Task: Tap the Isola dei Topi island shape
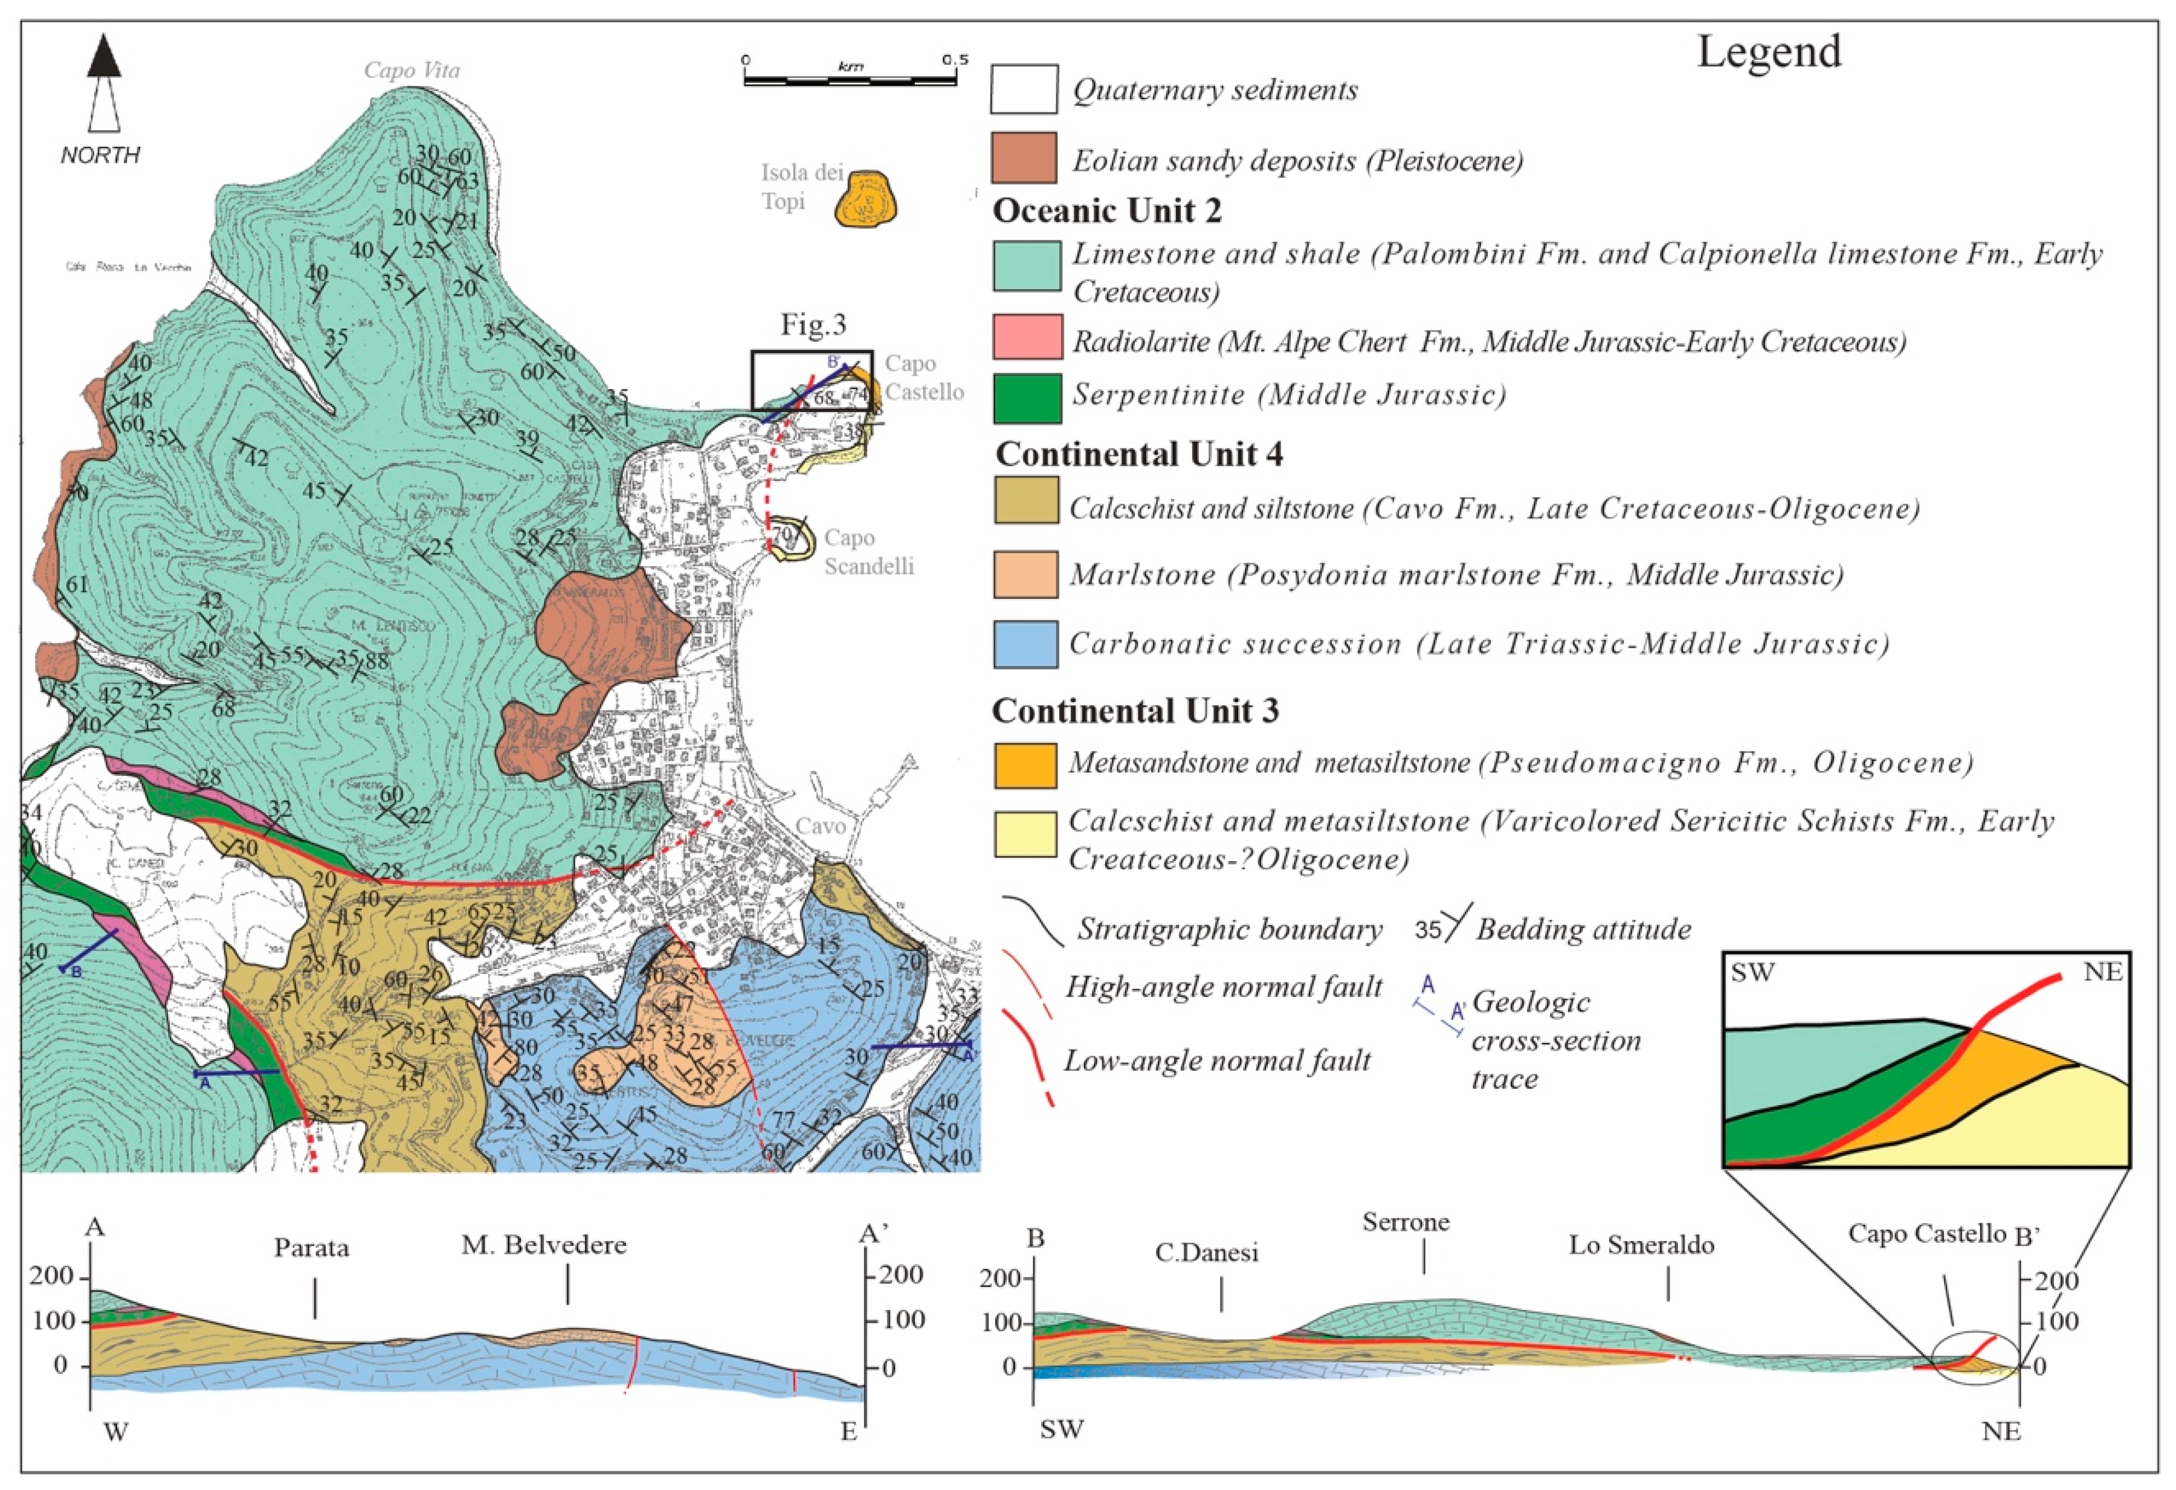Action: click(866, 199)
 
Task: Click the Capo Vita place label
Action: click(412, 70)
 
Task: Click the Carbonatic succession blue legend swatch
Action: click(1026, 644)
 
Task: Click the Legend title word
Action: click(1769, 51)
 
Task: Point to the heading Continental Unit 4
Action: click(1138, 454)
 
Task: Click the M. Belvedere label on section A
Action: click(544, 1245)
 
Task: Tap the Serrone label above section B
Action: click(1406, 1222)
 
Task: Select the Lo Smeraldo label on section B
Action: click(1641, 1245)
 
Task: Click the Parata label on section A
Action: click(312, 1248)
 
